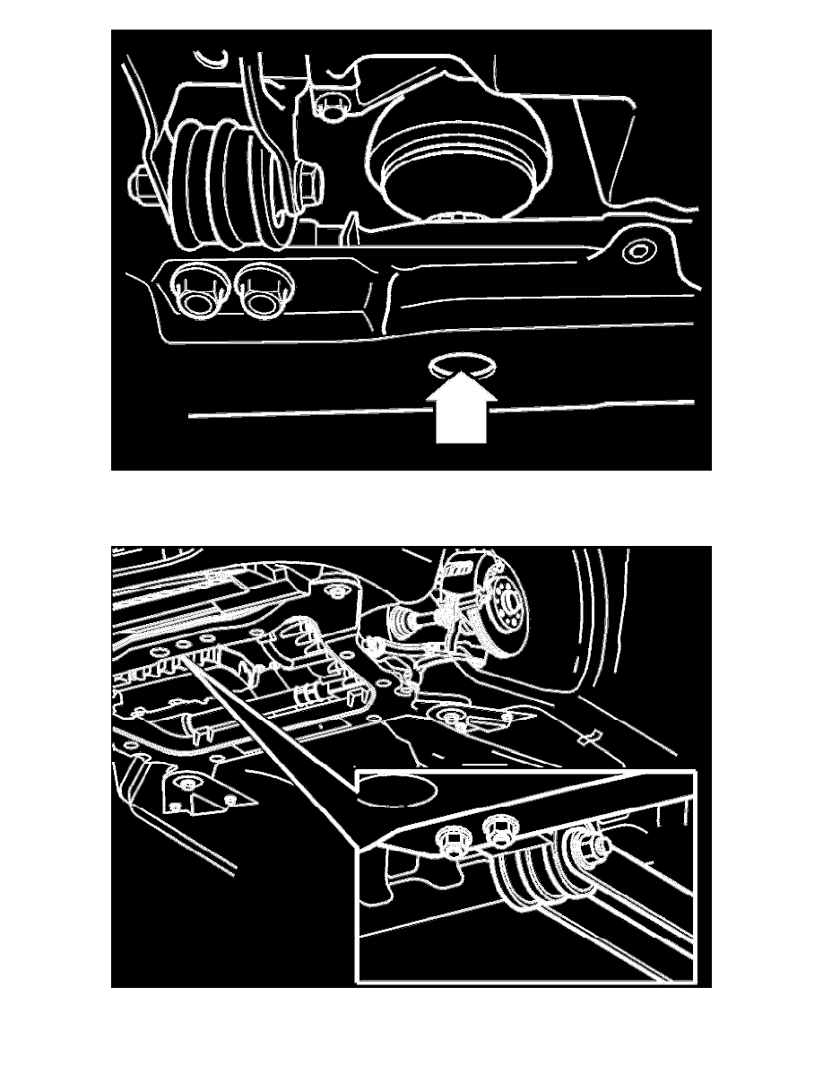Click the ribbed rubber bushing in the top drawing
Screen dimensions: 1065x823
pos(224,184)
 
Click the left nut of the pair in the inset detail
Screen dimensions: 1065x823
pos(449,840)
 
